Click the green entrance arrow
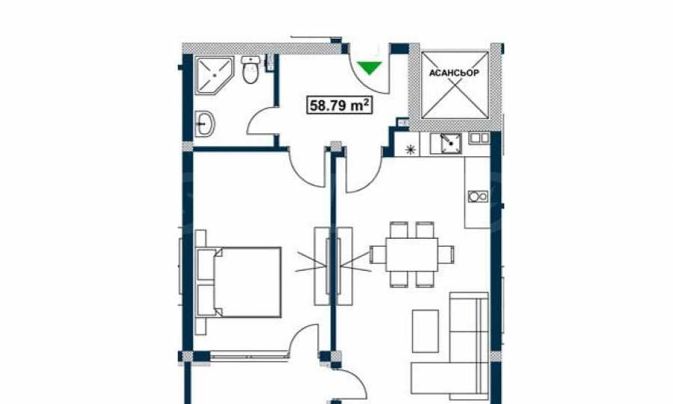click(x=369, y=68)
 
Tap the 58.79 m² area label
click(x=339, y=105)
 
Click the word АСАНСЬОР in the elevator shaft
click(x=454, y=73)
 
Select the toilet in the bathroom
click(x=249, y=70)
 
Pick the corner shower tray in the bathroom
click(x=214, y=75)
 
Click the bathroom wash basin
click(x=205, y=124)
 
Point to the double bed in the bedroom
click(x=239, y=282)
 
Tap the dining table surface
click(x=411, y=254)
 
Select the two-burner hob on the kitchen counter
click(x=477, y=196)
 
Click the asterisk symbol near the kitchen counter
click(x=411, y=150)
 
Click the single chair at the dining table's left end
click(x=378, y=254)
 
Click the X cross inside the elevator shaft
click(x=455, y=85)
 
